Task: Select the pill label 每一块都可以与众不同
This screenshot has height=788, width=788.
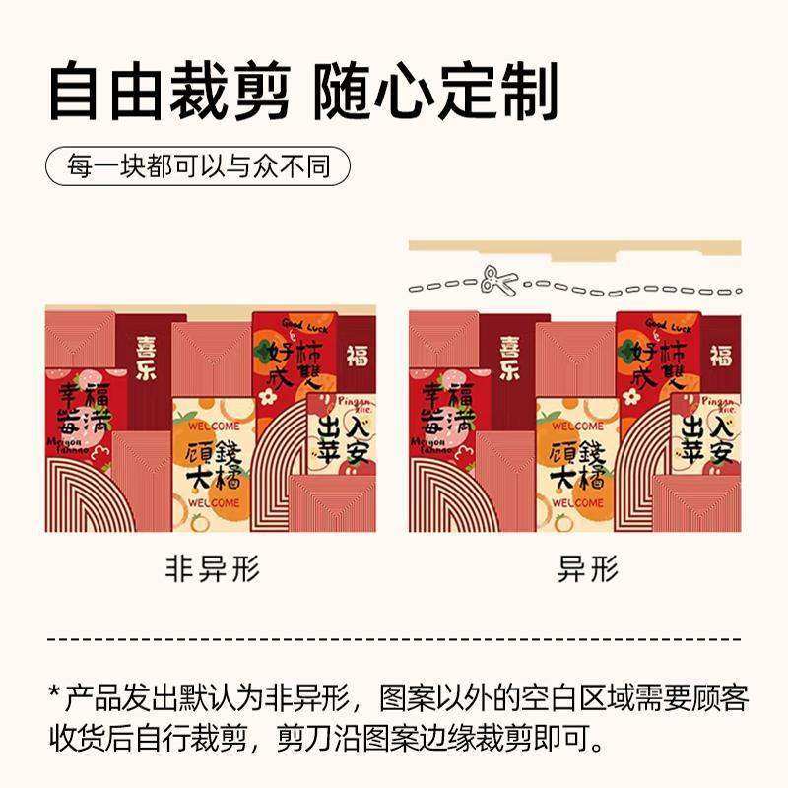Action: pos(198,165)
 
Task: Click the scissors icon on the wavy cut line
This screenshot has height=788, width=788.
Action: pos(498,284)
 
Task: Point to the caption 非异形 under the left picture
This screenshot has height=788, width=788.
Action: pos(212,570)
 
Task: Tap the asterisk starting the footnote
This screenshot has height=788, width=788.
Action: pos(55,695)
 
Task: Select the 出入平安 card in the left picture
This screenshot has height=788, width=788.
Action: pos(341,439)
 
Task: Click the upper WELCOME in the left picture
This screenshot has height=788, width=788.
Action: pos(211,427)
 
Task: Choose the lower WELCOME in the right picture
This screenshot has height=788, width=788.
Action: pos(575,502)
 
